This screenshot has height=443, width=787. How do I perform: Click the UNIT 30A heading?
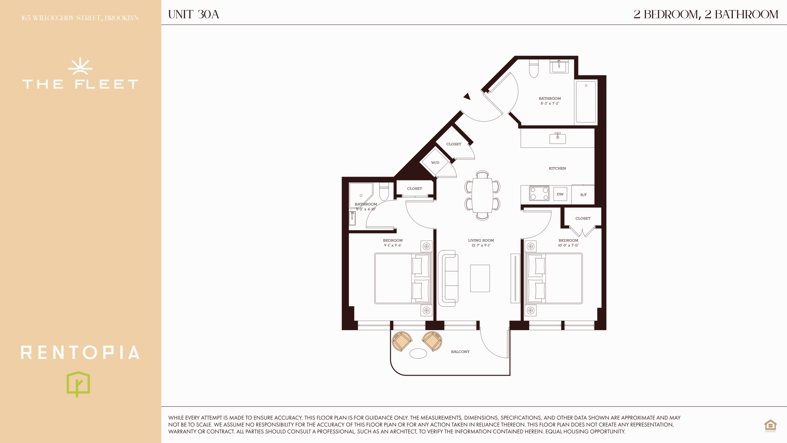[193, 14]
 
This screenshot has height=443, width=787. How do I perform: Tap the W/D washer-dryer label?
[435, 163]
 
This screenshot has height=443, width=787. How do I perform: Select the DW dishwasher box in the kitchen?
[560, 194]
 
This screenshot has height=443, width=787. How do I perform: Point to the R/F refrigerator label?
[583, 195]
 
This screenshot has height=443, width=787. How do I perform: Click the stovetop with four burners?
[539, 194]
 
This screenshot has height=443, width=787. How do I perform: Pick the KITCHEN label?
[557, 168]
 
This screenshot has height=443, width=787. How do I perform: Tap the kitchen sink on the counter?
[558, 138]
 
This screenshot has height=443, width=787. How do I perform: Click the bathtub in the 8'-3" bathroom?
[586, 102]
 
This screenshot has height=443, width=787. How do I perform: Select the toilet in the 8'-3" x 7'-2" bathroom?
[534, 69]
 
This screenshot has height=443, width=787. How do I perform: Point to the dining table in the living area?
[482, 195]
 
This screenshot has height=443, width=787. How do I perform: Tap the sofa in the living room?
[448, 278]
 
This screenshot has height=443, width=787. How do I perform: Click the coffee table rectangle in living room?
[480, 278]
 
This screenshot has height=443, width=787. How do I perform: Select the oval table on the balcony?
[418, 353]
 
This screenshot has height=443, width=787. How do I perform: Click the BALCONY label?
[460, 352]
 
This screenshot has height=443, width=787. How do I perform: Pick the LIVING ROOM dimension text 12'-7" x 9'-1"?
[481, 245]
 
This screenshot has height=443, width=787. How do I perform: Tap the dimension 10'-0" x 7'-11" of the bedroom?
[568, 245]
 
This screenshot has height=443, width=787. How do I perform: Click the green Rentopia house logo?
[78, 384]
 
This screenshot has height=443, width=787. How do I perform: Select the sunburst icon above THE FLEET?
[80, 66]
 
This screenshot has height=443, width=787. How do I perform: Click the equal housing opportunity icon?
[770, 426]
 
